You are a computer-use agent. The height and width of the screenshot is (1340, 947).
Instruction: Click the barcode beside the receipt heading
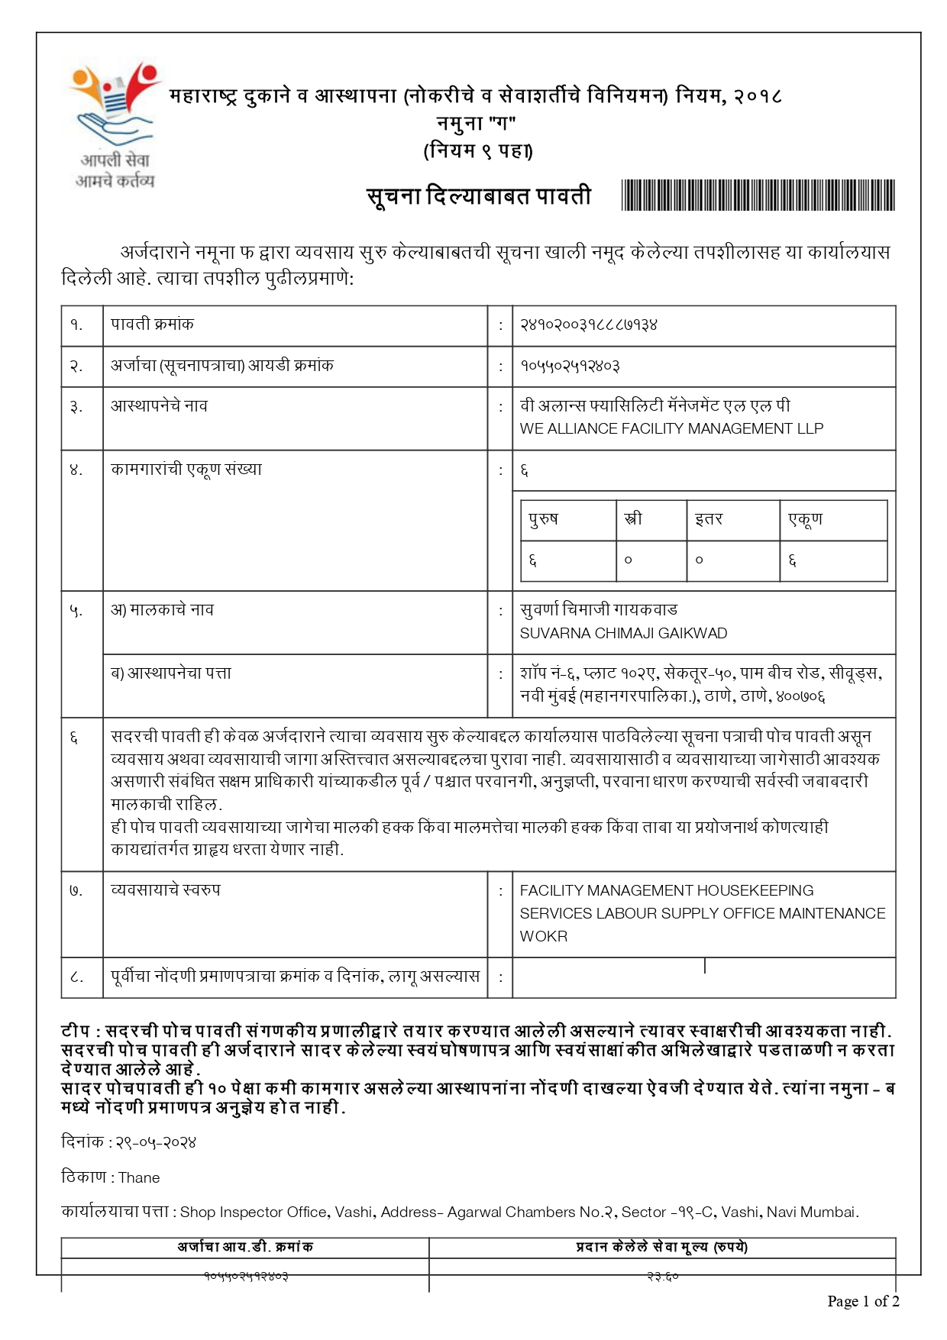[x=758, y=195]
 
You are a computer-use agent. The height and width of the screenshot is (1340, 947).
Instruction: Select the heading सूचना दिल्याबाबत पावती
[x=479, y=196]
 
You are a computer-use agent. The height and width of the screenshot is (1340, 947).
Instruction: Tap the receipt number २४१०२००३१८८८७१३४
[x=588, y=325]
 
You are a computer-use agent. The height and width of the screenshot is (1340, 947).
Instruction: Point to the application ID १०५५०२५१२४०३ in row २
[x=570, y=366]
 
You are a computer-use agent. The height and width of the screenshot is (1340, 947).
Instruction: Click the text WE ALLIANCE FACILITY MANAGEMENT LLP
[x=671, y=429]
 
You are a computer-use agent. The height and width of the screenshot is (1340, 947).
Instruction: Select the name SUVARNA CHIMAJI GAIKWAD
[x=623, y=634]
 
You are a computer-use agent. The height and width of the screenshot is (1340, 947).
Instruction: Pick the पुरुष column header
[x=544, y=519]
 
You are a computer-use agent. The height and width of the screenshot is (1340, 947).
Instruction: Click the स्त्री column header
[x=633, y=519]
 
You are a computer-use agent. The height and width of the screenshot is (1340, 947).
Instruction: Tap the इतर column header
[x=709, y=519]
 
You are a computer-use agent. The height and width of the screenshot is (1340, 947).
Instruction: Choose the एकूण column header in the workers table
[x=805, y=519]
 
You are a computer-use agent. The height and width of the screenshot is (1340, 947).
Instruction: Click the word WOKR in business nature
[x=544, y=937]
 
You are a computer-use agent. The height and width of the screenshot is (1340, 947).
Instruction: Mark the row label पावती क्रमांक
[x=153, y=325]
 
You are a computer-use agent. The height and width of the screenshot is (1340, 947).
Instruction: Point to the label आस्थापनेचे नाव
[x=159, y=406]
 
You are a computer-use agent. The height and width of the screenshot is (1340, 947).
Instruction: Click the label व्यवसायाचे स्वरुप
[x=166, y=890]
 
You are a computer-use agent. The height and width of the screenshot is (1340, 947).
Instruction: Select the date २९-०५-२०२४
[x=156, y=1143]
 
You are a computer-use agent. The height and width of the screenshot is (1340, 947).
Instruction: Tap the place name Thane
[x=139, y=1178]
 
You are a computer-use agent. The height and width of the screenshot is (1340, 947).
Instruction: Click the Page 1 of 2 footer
[x=863, y=1302]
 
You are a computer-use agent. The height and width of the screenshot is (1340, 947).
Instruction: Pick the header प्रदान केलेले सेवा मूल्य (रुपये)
[x=661, y=1248]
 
